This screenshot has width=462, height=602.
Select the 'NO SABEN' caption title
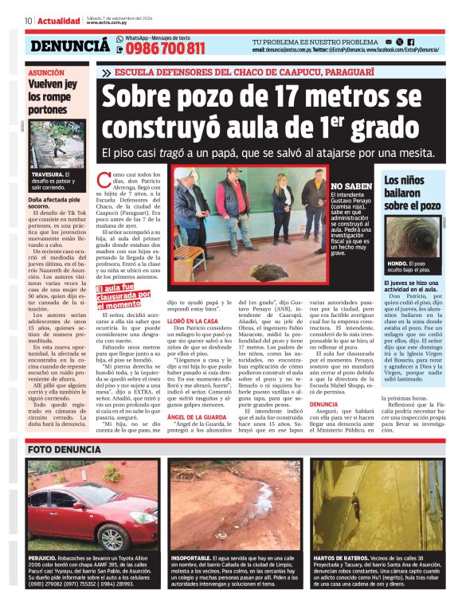pos(350,187)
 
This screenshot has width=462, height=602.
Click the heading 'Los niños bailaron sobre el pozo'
pos(413,192)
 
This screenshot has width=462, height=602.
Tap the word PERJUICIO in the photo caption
pos(41,558)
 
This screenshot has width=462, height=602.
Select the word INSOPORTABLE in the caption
pos(191,558)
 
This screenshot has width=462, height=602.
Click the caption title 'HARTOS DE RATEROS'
pos(341,558)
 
